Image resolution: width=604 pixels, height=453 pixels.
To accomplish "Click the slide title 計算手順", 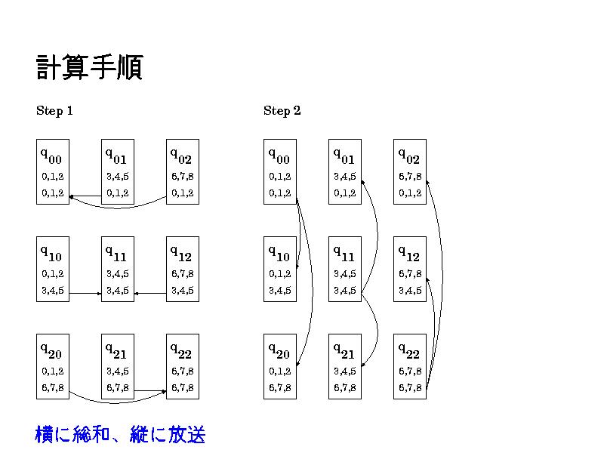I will click(89, 68).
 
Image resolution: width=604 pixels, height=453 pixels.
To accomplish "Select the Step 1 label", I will click(54, 111).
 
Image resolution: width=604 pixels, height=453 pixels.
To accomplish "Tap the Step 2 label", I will click(282, 111).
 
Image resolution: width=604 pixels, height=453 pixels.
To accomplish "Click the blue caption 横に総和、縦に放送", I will click(120, 435).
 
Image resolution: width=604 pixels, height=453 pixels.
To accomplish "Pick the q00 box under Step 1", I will click(52, 171).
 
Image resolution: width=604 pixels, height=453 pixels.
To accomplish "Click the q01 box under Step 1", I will click(117, 171).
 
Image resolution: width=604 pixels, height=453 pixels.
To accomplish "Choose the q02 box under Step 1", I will click(182, 171).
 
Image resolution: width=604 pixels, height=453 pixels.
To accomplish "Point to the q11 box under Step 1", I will click(117, 269).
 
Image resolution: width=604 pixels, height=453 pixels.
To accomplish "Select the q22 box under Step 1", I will click(182, 366).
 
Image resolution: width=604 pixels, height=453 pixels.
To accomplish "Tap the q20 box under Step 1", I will click(52, 366).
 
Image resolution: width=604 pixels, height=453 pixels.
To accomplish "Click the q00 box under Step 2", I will click(279, 171).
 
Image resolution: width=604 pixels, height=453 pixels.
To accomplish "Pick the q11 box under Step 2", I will click(344, 269).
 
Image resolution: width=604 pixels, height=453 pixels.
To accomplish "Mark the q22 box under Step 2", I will click(409, 366).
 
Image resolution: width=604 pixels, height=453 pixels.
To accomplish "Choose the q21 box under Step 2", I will click(344, 366).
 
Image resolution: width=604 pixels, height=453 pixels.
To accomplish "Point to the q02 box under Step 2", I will click(409, 171).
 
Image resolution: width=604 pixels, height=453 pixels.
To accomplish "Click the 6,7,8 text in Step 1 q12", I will click(182, 274).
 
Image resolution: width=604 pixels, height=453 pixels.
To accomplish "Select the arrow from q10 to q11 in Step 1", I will click(85, 293).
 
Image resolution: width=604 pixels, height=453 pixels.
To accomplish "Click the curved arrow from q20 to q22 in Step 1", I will click(113, 401).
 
